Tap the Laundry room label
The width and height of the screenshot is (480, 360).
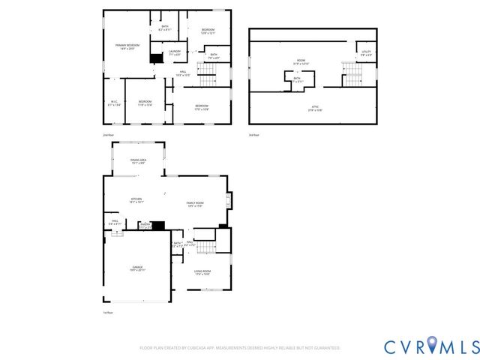click(175, 53)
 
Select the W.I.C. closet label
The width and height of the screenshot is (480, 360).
click(114, 104)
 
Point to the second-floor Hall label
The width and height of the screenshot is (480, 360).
click(182, 73)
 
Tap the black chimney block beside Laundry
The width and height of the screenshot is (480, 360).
click(157, 58)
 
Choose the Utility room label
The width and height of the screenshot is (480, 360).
click(366, 53)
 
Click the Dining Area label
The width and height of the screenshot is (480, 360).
click(138, 160)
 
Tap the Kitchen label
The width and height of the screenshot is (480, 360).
click(136, 200)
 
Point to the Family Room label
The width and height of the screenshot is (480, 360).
click(195, 204)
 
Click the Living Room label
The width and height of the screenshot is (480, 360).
click(202, 272)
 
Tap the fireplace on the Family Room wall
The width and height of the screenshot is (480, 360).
click(229, 200)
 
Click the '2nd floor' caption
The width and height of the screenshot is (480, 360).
click(107, 135)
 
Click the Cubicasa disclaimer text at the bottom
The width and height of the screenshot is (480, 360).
click(240, 348)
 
